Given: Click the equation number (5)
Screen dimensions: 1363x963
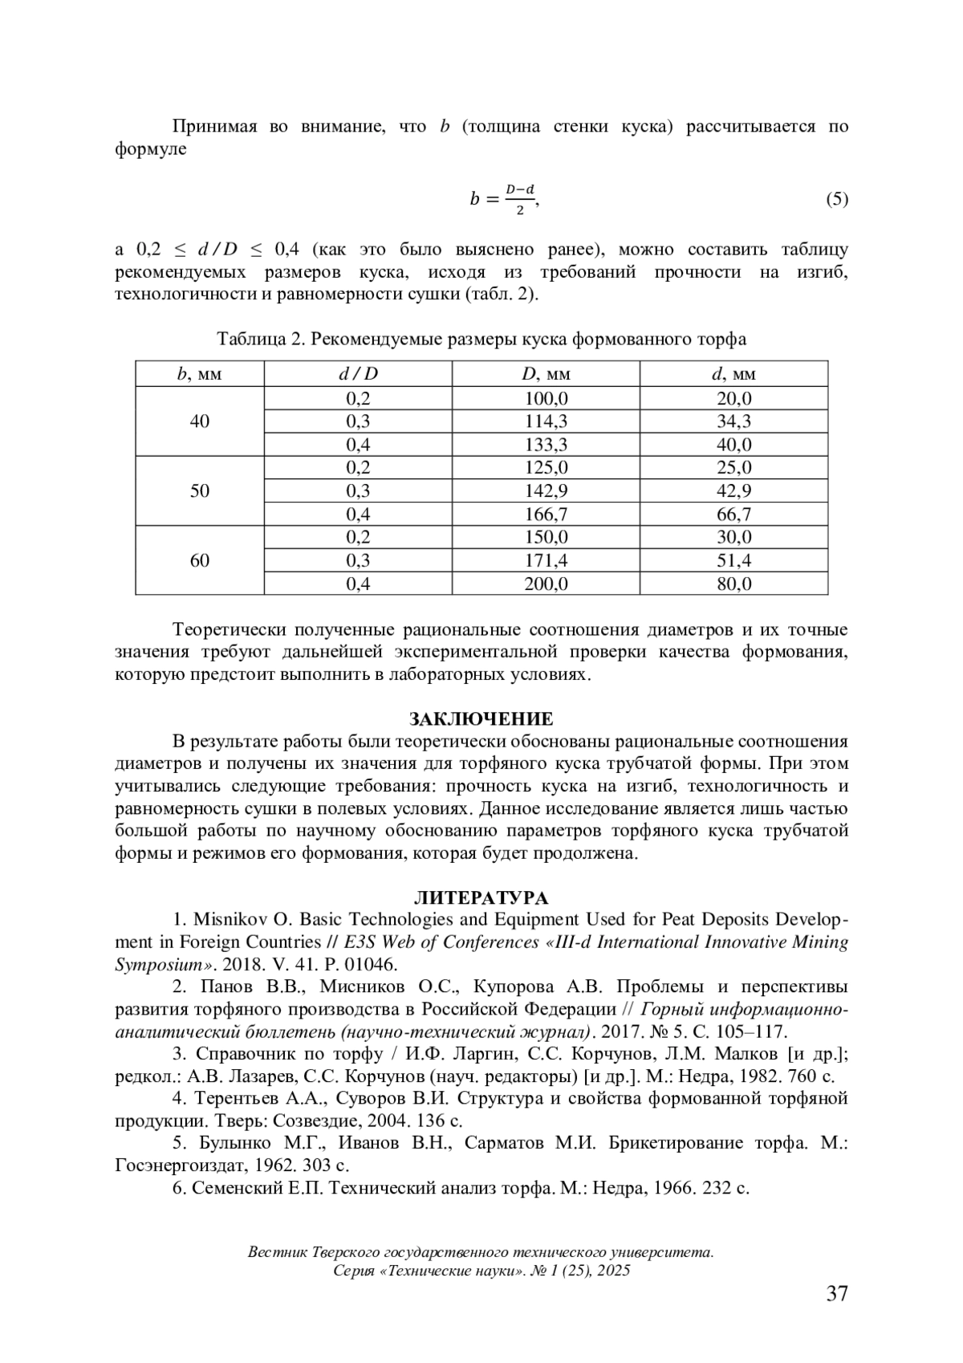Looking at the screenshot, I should (837, 199).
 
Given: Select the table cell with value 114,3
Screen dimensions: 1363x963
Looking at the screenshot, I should (546, 421).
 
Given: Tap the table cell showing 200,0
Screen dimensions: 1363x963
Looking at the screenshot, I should (546, 584).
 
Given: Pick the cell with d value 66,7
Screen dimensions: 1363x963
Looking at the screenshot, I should (733, 515).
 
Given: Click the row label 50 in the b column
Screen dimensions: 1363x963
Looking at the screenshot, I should (200, 491).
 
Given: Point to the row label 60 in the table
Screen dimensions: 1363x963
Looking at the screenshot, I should (200, 560).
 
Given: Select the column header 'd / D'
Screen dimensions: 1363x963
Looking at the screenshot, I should (358, 374).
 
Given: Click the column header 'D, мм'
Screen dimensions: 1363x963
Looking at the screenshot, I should (546, 374).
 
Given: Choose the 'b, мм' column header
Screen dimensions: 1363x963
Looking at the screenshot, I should (200, 374).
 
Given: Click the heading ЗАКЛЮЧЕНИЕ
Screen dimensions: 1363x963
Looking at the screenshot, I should (481, 718).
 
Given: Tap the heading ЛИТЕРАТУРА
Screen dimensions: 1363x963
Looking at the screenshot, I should (481, 897).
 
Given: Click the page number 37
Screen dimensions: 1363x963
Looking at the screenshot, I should (837, 1293).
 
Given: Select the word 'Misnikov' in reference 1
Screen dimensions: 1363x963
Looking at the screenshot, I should (222, 919).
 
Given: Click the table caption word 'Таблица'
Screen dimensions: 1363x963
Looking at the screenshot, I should (250, 340).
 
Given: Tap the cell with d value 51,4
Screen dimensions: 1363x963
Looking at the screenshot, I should (733, 561).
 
